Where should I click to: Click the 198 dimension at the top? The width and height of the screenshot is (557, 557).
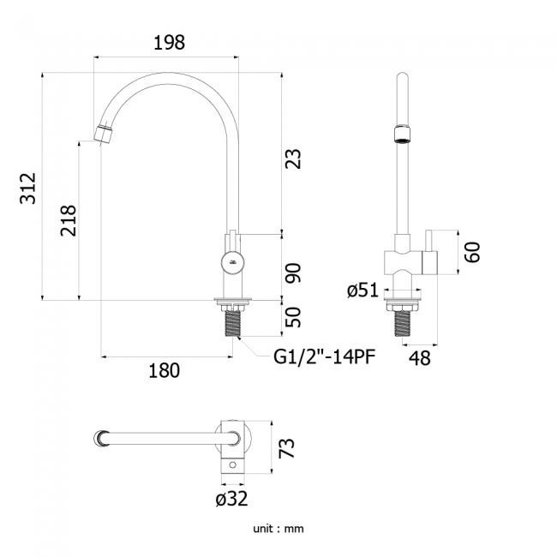coord(169,43)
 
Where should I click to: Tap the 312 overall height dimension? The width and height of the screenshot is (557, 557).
coord(27,189)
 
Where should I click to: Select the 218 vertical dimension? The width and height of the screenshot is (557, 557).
coord(69,220)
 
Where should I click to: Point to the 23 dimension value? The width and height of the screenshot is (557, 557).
coord(293,159)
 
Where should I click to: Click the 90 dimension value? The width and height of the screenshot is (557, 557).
coord(293,273)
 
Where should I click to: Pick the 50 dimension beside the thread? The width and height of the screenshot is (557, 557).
coord(293,317)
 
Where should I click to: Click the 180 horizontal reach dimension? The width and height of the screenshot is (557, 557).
coord(164,370)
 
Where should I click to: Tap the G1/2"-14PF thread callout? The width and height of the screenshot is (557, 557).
coord(324,356)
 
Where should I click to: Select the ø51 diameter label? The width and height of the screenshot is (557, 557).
coord(362,290)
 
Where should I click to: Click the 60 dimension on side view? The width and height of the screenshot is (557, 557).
coord(472,252)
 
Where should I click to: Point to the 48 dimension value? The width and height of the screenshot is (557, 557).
coord(420,358)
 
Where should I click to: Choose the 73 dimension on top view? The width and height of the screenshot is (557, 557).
coord(287,448)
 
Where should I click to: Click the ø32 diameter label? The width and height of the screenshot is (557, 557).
coord(231,499)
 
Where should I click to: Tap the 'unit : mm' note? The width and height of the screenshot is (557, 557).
coord(278,529)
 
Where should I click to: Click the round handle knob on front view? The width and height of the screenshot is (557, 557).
coord(233,263)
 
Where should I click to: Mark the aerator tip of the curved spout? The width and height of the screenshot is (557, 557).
coord(103,134)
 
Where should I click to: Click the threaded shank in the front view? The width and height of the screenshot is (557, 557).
coord(233,323)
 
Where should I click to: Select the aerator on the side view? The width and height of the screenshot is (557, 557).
coord(402,134)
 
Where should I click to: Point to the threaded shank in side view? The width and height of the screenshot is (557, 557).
coord(402,323)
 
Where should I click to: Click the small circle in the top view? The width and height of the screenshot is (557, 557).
coord(233,464)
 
